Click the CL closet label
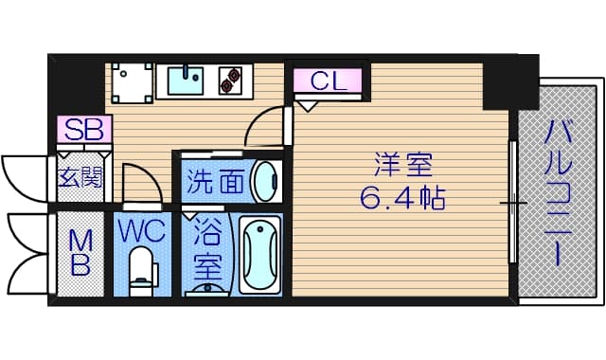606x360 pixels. [328, 81]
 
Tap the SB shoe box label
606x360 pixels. [84, 129]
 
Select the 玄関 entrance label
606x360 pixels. [80, 177]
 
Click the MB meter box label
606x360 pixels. [80, 253]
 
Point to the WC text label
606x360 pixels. [142, 231]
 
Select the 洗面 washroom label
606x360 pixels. [215, 181]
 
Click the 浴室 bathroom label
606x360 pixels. [207, 249]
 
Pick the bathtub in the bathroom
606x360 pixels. [259, 255]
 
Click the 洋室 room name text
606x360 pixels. [402, 165]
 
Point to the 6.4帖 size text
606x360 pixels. [402, 197]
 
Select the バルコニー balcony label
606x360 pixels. [558, 192]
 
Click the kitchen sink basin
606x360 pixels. [186, 81]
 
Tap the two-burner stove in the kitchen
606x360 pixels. [230, 81]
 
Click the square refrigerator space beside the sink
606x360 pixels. [132, 82]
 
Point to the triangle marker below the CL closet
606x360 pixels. [307, 106]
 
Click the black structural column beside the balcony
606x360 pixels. [510, 82]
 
